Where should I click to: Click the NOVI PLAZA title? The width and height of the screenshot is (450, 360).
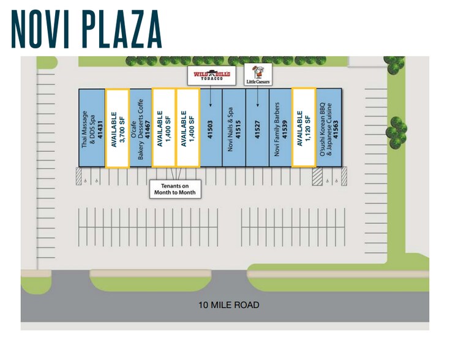pyautogui.click(x=86, y=29)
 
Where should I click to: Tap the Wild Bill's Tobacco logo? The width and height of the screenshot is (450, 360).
pyautogui.click(x=210, y=75)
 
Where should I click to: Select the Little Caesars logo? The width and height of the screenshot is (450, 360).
pyautogui.click(x=258, y=74)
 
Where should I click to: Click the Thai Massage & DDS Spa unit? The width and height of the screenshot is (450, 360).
pyautogui.click(x=92, y=128)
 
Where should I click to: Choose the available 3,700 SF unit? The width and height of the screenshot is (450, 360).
pyautogui.click(x=117, y=128)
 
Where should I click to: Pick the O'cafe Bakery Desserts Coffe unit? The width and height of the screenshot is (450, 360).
pyautogui.click(x=140, y=128)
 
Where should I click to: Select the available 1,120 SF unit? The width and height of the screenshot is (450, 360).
pyautogui.click(x=304, y=128)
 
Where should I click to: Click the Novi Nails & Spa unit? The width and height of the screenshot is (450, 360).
pyautogui.click(x=234, y=128)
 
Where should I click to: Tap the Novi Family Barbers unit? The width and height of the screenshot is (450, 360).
pyautogui.click(x=280, y=128)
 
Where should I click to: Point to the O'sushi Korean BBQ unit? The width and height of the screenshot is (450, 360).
pyautogui.click(x=328, y=128)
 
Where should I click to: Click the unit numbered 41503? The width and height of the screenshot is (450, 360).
pyautogui.click(x=210, y=128)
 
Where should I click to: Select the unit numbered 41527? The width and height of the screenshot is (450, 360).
pyautogui.click(x=258, y=128)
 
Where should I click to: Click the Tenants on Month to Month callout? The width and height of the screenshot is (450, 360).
pyautogui.click(x=175, y=189)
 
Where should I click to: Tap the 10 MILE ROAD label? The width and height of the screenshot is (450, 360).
pyautogui.click(x=228, y=304)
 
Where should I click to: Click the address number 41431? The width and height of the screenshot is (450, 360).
pyautogui.click(x=97, y=128)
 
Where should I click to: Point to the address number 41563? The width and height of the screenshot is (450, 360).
pyautogui.click(x=336, y=128)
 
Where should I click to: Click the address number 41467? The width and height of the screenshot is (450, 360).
pyautogui.click(x=148, y=128)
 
